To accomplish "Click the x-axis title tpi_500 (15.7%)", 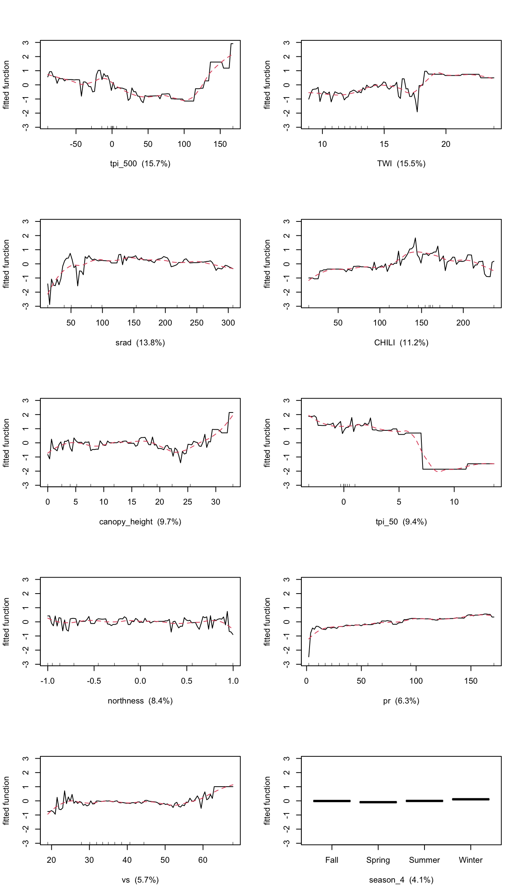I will [140, 164].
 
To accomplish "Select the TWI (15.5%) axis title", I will [401, 164].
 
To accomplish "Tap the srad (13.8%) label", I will [140, 343].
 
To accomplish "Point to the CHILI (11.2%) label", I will [401, 343].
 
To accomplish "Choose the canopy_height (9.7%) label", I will [140, 522].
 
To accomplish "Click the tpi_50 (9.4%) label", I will [401, 522].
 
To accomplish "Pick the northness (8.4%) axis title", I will [140, 701].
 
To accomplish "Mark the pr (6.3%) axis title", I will [401, 701].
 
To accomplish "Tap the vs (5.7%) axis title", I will [140, 880].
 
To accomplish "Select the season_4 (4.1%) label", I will [401, 880].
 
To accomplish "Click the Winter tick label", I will [470, 860].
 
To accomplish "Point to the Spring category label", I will [378, 860].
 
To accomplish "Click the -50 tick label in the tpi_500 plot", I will [76, 144].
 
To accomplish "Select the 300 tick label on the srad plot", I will [228, 323].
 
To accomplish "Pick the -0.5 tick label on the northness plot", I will [94, 681].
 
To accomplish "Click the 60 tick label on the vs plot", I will [203, 860].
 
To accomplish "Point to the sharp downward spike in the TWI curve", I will [417, 111].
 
